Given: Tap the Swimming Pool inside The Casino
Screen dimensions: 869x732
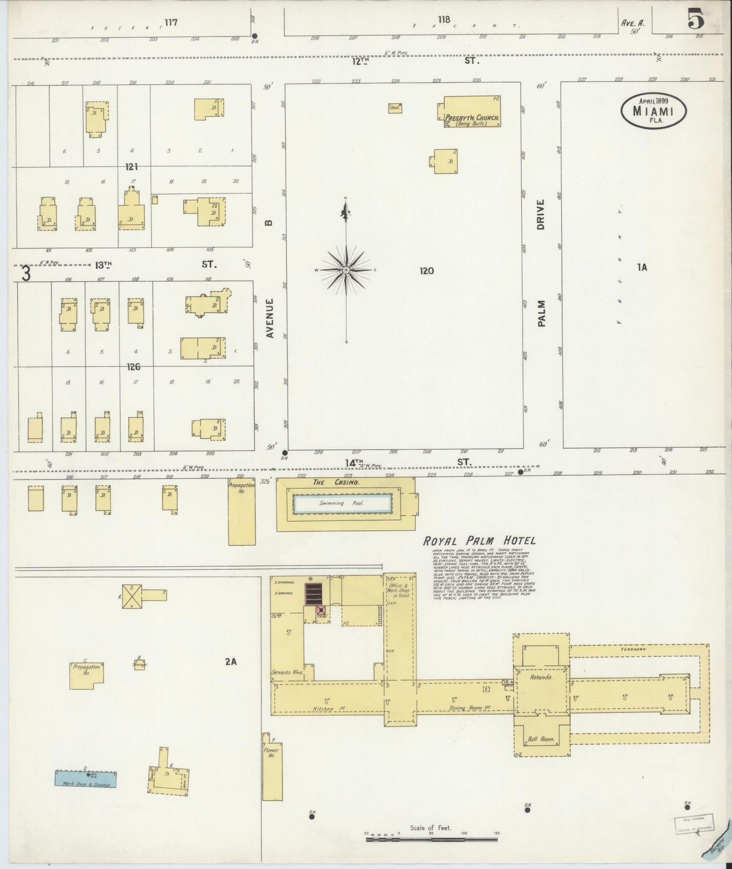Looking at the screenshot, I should click(343, 503).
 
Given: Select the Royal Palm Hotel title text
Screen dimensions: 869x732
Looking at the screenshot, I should click(479, 541).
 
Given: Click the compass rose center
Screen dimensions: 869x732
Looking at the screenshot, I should click(346, 270).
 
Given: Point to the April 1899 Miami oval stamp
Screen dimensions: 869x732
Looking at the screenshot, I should click(653, 109).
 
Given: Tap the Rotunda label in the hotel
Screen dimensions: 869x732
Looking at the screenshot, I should click(540, 676).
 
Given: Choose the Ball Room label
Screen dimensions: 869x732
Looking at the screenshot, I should click(541, 739).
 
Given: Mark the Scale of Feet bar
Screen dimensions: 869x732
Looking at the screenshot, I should click(433, 840).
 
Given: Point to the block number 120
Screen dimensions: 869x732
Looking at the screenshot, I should click(427, 271).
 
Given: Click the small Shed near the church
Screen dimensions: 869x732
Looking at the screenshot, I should click(395, 108).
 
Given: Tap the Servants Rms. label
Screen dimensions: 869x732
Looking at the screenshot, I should click(287, 672).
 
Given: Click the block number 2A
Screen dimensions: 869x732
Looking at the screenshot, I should click(232, 661).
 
